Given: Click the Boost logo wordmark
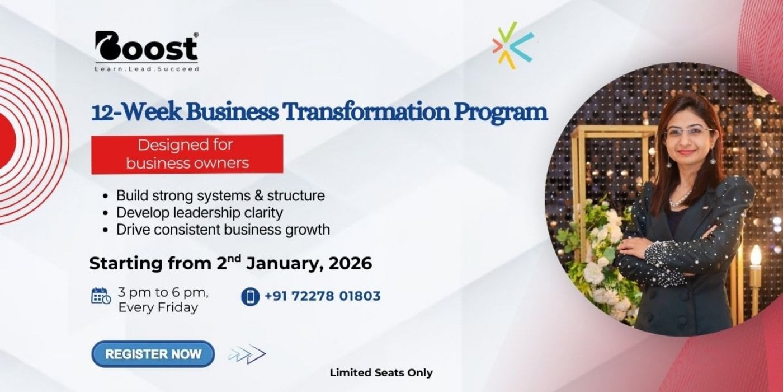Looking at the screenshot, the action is [147, 46].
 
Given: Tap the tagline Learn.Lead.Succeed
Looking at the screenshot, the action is [147, 69].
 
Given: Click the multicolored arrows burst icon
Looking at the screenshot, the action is [513, 45].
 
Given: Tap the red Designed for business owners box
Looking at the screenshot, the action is [187, 155].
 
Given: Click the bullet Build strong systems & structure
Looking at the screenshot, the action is [220, 195].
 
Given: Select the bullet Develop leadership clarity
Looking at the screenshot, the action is [200, 212].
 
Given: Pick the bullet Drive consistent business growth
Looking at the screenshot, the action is [223, 230].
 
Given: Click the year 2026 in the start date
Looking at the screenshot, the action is [350, 263].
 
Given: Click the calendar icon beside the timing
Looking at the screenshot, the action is [101, 296].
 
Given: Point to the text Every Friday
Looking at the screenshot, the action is [158, 307].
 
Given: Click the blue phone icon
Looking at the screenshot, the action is [251, 296].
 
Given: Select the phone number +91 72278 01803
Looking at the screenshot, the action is [322, 296].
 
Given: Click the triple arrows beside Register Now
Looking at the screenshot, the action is [247, 354].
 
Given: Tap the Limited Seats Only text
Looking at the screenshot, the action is [381, 373].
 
